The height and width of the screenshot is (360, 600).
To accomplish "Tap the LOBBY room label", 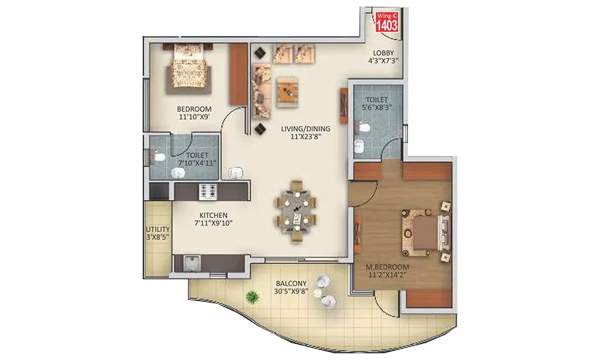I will click(x=383, y=53).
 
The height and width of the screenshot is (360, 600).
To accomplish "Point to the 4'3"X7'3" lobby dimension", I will click(x=383, y=61).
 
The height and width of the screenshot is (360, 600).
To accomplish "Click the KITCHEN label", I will click(x=213, y=215).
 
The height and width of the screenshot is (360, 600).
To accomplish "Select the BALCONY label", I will click(x=291, y=282).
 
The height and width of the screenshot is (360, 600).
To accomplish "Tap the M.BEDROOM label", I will click(x=387, y=265).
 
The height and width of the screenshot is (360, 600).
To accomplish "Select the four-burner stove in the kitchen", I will click(x=206, y=191).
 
